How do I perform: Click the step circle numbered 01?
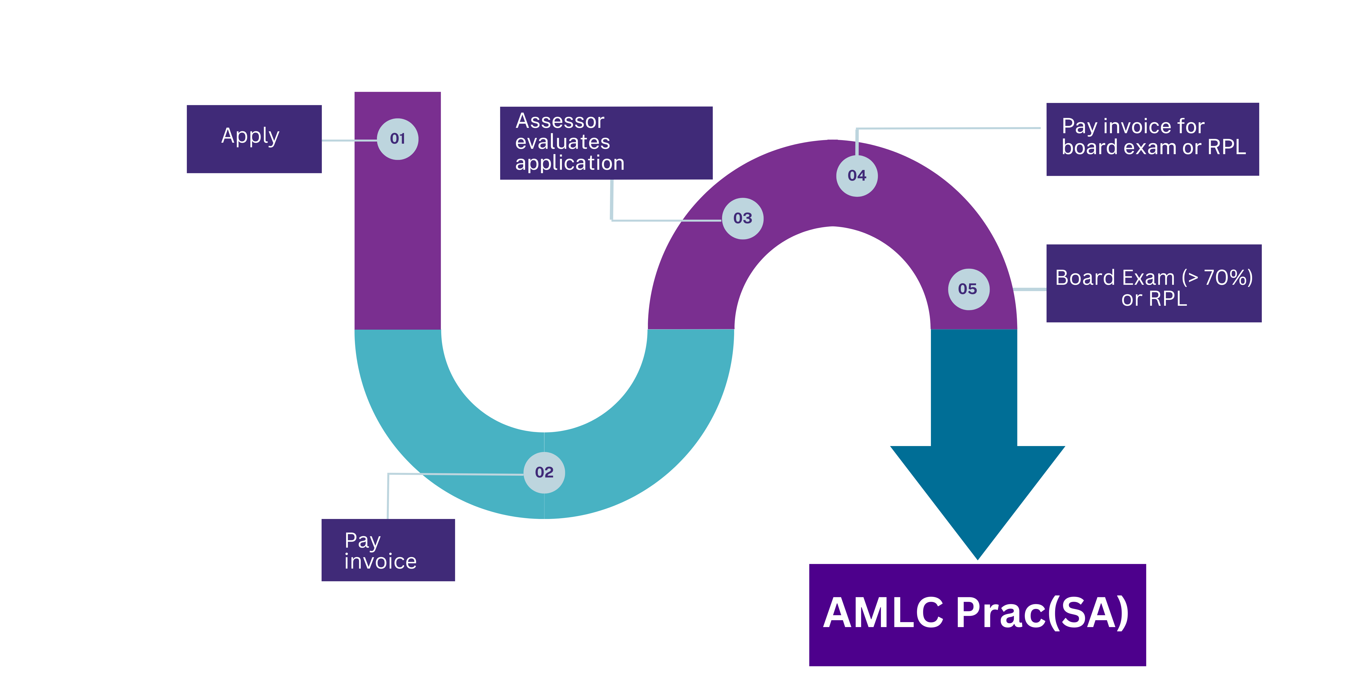point(398,139)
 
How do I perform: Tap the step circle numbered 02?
point(544,473)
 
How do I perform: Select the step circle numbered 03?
point(742,218)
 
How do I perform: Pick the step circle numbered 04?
point(857,175)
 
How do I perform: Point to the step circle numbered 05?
point(968,289)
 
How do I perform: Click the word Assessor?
point(560,121)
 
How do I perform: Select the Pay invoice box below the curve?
point(388,550)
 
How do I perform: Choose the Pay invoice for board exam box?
point(1152,139)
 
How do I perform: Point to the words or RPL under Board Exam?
point(1154,299)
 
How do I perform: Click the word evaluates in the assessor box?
point(562,142)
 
